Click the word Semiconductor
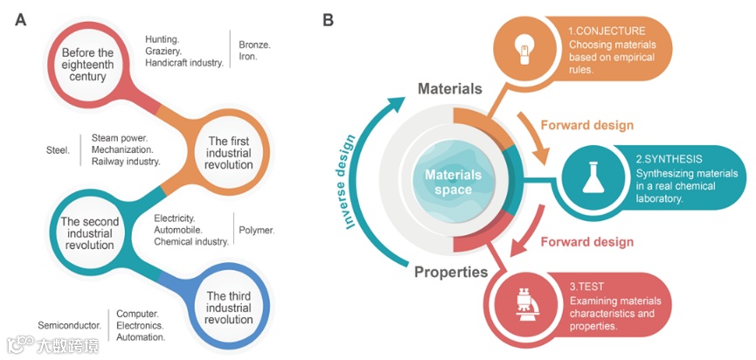pyautogui.click(x=69, y=324)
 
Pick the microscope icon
pyautogui.click(x=523, y=308)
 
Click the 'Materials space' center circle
pyautogui.click(x=453, y=182)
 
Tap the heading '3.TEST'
pyautogui.click(x=585, y=285)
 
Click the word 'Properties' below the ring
pyautogui.click(x=451, y=272)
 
